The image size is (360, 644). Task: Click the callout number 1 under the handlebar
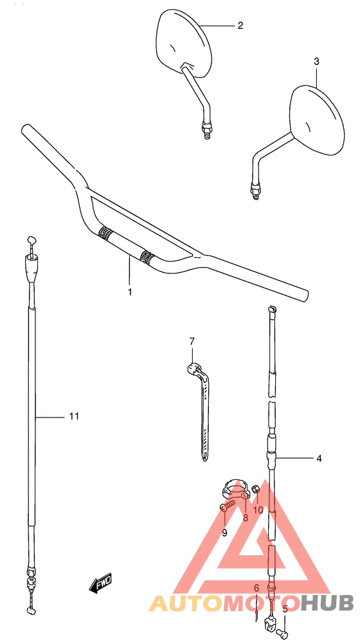pyautogui.click(x=130, y=291)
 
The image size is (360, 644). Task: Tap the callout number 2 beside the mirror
pyautogui.click(x=240, y=26)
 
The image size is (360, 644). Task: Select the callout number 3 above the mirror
pyautogui.click(x=316, y=62)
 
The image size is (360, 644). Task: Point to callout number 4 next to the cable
pyautogui.click(x=319, y=459)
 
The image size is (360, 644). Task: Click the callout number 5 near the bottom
pyautogui.click(x=285, y=608)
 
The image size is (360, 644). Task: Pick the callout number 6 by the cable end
pyautogui.click(x=256, y=588)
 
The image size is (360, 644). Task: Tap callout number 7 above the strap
pyautogui.click(x=191, y=341)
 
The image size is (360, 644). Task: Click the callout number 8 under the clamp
pyautogui.click(x=245, y=517)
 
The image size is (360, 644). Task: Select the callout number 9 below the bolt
pyautogui.click(x=224, y=533)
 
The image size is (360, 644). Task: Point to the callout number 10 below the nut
pyautogui.click(x=258, y=510)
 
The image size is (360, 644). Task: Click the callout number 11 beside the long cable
pyautogui.click(x=74, y=416)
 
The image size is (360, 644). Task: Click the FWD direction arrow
pyautogui.click(x=101, y=584)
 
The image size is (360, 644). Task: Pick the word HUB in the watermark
pyautogui.click(x=327, y=603)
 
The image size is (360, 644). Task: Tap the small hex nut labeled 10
pyautogui.click(x=256, y=489)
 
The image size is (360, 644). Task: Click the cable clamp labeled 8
pyautogui.click(x=236, y=490)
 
